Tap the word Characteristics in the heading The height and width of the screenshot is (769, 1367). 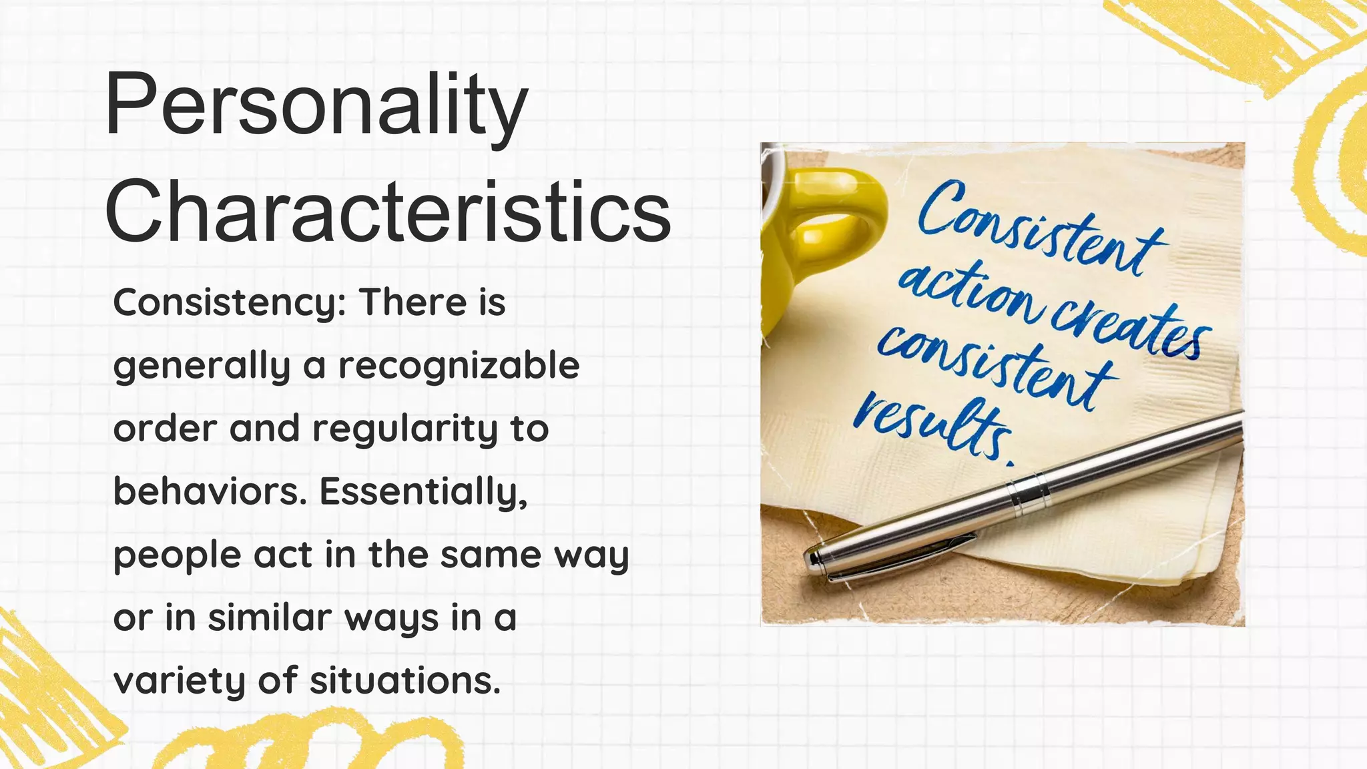(387, 212)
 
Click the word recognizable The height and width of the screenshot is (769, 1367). (459, 366)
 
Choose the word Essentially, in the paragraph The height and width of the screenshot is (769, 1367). (423, 493)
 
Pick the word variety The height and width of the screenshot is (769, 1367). (180, 682)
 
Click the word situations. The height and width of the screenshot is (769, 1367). (404, 681)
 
